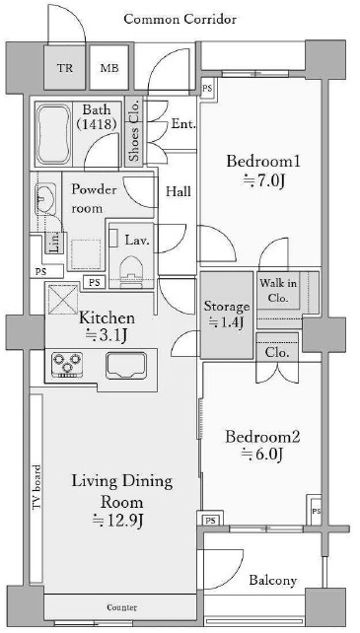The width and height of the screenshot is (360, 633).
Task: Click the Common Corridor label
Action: (x=180, y=19)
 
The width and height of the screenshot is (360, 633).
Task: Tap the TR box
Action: (x=65, y=67)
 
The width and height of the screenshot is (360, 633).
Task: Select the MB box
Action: (x=109, y=67)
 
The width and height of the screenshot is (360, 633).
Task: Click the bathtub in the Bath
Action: (x=53, y=134)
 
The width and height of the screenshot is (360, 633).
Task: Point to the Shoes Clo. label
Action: (x=134, y=129)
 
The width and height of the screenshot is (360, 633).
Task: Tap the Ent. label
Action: (x=183, y=123)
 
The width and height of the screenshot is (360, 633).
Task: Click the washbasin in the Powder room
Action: (x=45, y=198)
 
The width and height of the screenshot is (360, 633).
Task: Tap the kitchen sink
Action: (x=126, y=366)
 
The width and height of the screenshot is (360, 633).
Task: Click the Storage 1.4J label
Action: (x=226, y=315)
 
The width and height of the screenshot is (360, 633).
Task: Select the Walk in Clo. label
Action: (x=278, y=291)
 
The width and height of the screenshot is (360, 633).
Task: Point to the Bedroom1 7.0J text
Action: (x=263, y=172)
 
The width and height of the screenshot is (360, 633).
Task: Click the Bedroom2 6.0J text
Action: (x=262, y=446)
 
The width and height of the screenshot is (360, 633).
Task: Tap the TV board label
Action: (x=36, y=487)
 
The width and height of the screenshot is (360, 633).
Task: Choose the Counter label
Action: (x=121, y=607)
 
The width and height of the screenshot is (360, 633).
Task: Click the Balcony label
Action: (x=273, y=581)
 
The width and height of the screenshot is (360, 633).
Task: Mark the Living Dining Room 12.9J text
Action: (x=122, y=501)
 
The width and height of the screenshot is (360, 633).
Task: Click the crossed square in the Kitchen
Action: (x=63, y=299)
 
